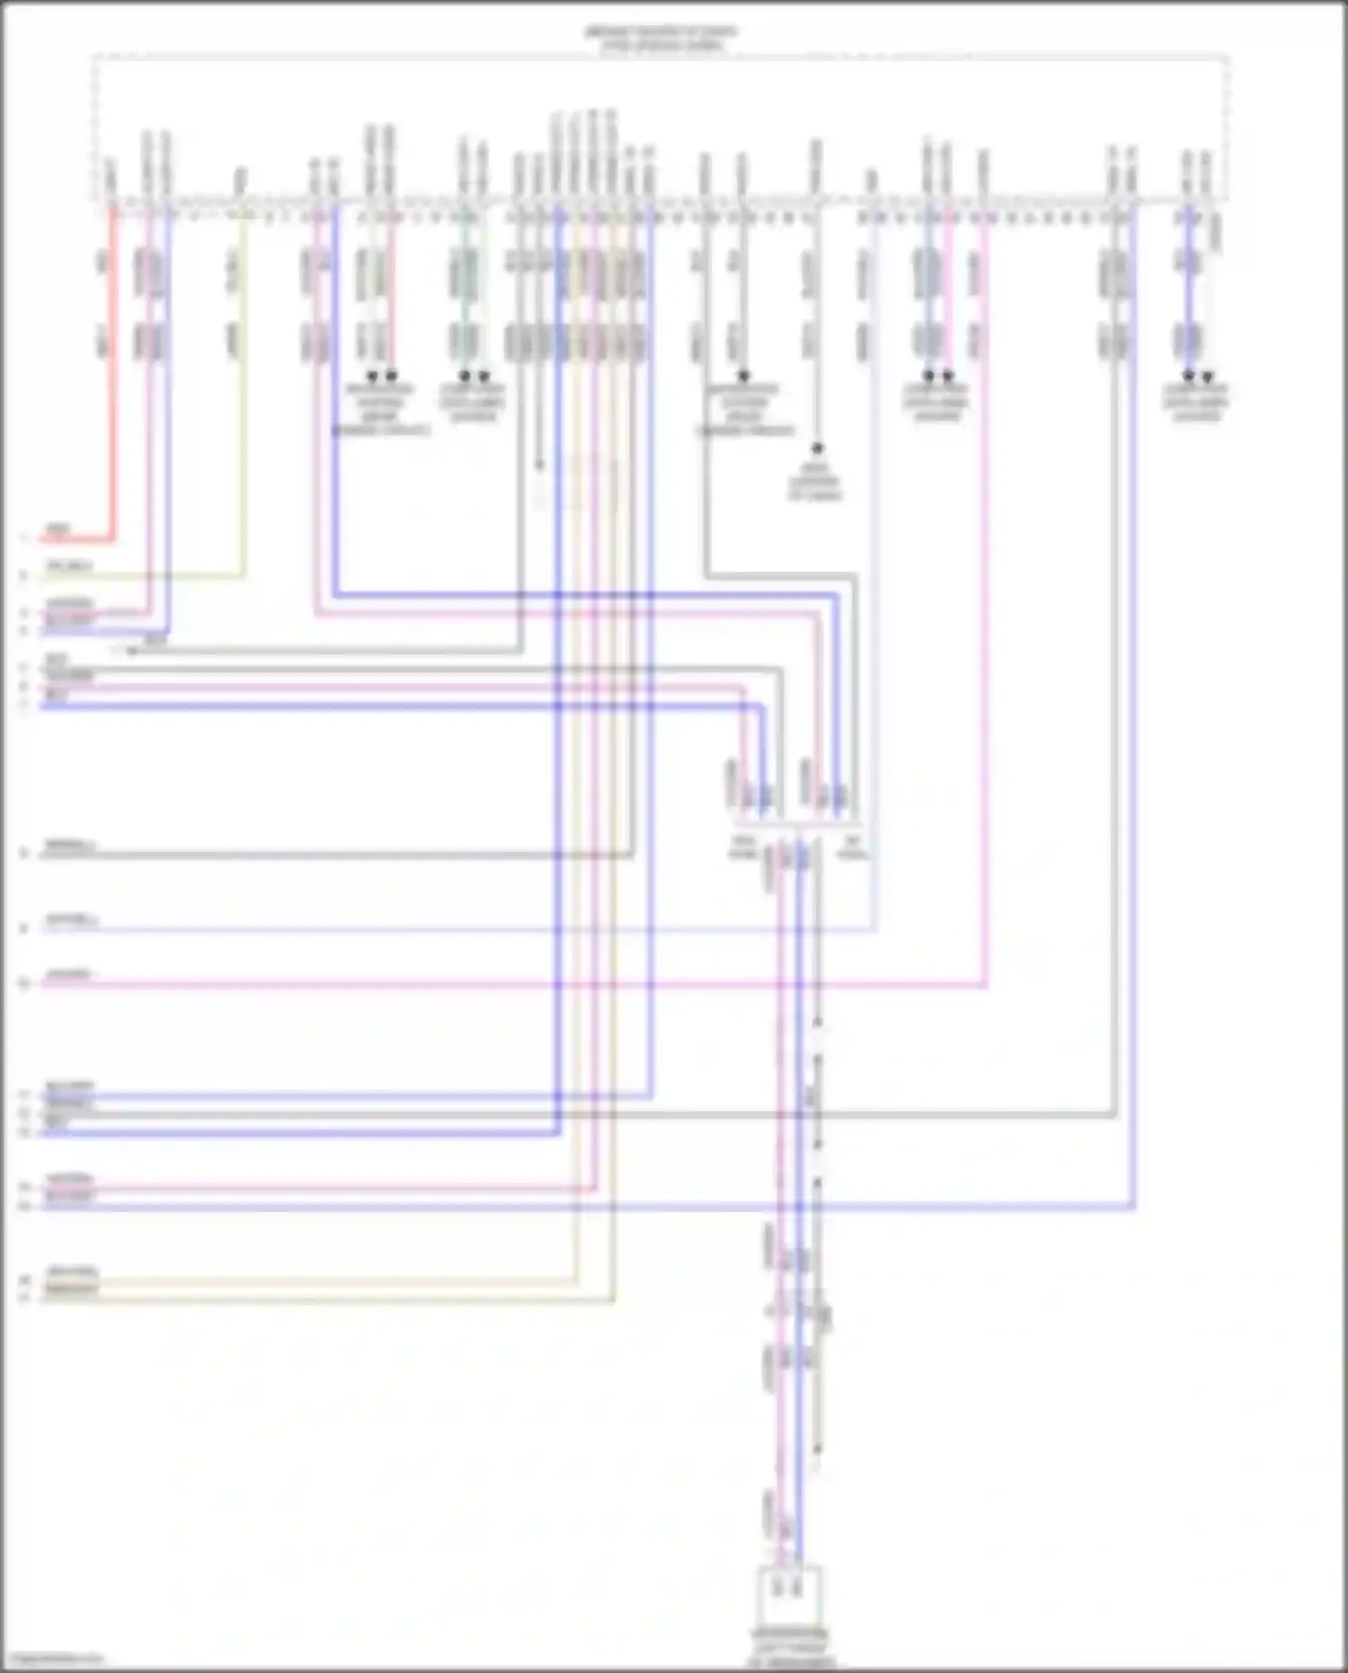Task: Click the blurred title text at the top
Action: pyautogui.click(x=661, y=38)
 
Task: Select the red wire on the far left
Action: pyautogui.click(x=113, y=378)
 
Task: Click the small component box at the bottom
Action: pyautogui.click(x=790, y=1595)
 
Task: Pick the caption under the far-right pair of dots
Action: pyautogui.click(x=1196, y=402)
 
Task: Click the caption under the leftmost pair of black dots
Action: pyautogui.click(x=381, y=409)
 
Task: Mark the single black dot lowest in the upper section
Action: pyautogui.click(x=817, y=448)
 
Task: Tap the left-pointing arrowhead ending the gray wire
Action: pyautogui.click(x=131, y=651)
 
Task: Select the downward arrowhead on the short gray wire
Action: pyautogui.click(x=539, y=466)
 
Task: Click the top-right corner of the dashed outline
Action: pyautogui.click(x=1228, y=58)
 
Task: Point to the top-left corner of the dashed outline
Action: pyautogui.click(x=93, y=58)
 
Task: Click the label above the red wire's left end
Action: pyautogui.click(x=58, y=529)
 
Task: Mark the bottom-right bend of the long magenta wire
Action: pyautogui.click(x=986, y=985)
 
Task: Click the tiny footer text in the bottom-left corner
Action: pyautogui.click(x=52, y=1660)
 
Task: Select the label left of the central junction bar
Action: pyautogui.click(x=743, y=846)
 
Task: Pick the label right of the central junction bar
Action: pyautogui.click(x=853, y=846)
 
